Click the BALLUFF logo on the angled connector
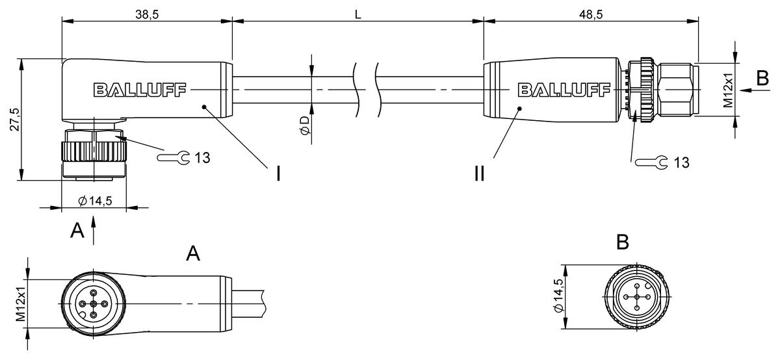click(140, 90)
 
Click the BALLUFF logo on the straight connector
click(563, 90)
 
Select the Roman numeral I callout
click(278, 174)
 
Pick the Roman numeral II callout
click(479, 174)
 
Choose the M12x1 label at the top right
click(728, 90)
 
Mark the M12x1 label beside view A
click(21, 303)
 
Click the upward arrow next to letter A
click(95, 231)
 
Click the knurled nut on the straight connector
click(644, 90)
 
